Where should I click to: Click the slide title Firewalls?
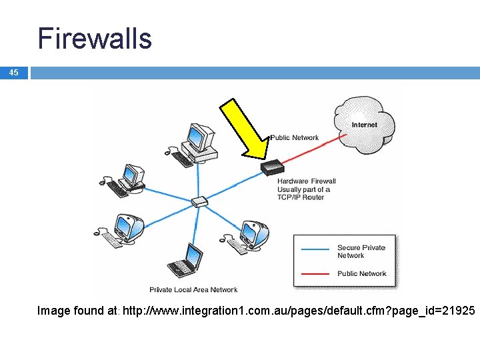pos(95,38)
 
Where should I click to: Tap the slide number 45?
pos(14,72)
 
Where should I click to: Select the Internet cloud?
pos(365,125)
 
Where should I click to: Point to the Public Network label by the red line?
pos(295,138)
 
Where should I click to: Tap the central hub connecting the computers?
pos(199,202)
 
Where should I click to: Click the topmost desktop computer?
pos(199,142)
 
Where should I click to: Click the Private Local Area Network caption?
pos(193,289)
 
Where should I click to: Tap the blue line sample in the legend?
pos(315,248)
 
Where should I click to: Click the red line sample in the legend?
pos(315,273)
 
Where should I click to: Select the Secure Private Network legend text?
pos(361,251)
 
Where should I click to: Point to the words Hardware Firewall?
pos(307,181)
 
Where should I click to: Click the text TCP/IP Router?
pos(301,197)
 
